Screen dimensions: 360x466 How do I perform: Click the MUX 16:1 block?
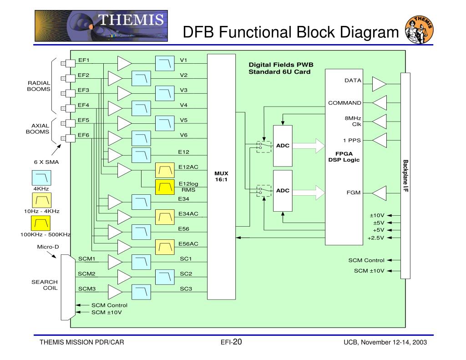coord(222,177)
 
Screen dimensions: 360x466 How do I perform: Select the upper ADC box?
coord(282,146)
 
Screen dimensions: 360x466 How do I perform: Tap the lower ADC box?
coord(282,191)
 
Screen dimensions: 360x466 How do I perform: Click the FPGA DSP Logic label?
coord(344,157)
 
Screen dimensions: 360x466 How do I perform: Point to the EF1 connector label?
coord(83,60)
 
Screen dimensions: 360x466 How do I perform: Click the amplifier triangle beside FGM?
coord(379,193)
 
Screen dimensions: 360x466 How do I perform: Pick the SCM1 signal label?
coord(86,259)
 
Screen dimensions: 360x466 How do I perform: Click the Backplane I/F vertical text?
coord(405,176)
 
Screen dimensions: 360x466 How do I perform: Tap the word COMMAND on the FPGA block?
coord(345,103)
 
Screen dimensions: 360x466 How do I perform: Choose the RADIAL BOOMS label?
coord(39,86)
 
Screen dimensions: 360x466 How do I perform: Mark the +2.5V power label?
coord(376,238)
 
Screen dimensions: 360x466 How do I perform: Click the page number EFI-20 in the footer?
coord(231,342)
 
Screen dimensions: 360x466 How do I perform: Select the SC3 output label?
coord(186,289)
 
